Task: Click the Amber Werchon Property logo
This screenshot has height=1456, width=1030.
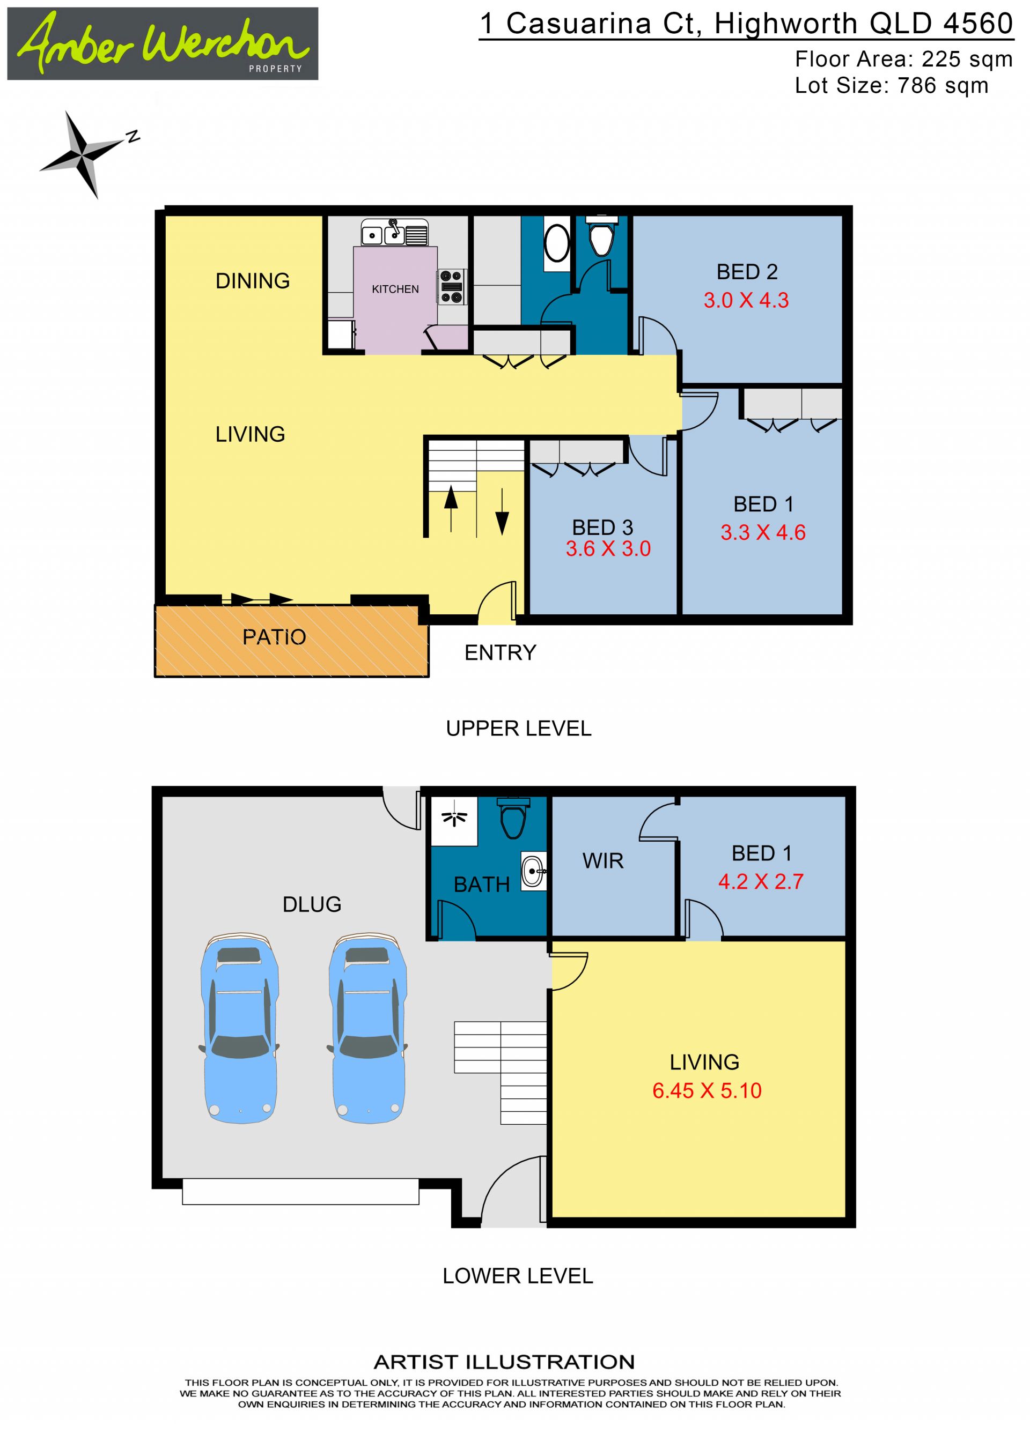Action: (163, 44)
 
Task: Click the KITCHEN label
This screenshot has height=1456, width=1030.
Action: (395, 289)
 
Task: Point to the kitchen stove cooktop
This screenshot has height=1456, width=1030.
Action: (451, 287)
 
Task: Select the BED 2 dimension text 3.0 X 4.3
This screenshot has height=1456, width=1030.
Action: (746, 300)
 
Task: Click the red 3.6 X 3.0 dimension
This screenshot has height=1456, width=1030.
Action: (608, 548)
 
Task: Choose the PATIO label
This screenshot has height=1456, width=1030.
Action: (274, 637)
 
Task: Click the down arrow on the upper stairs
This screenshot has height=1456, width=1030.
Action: (502, 511)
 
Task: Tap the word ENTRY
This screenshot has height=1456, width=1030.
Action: (500, 652)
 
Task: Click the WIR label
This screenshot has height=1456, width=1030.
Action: (603, 860)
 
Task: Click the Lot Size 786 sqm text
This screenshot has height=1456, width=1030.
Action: (892, 85)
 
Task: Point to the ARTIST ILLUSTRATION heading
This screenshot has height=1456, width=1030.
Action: (504, 1362)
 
